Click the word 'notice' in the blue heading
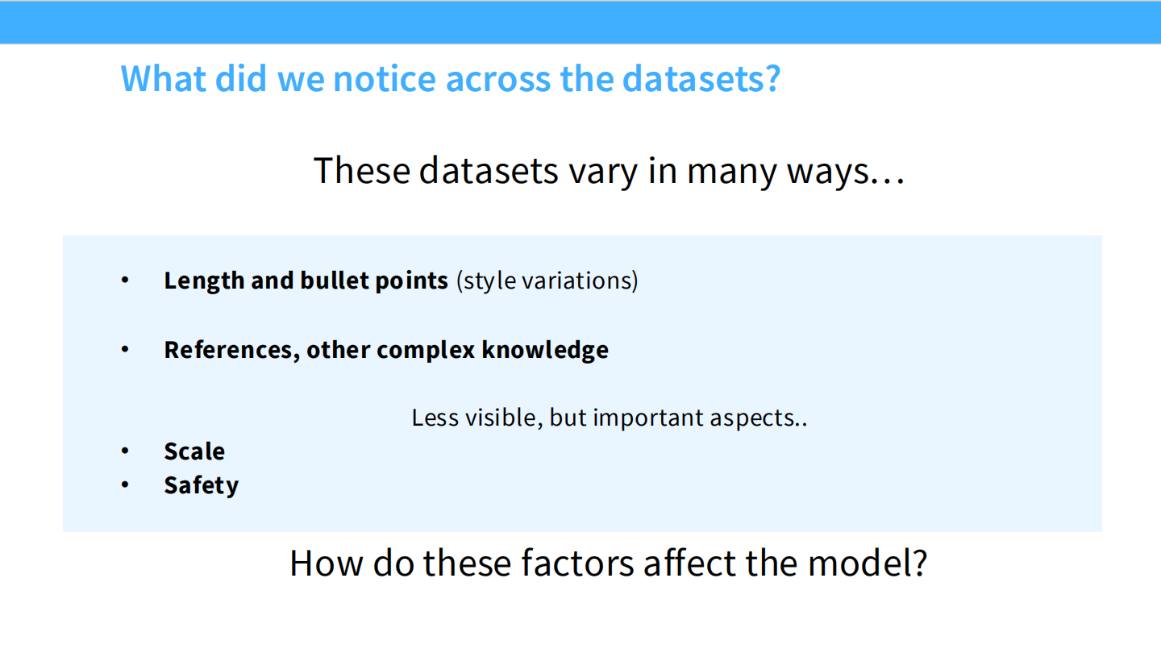pyautogui.click(x=383, y=78)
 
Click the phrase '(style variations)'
pyautogui.click(x=547, y=281)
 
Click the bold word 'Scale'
pyautogui.click(x=194, y=451)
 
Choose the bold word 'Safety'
pyautogui.click(x=201, y=485)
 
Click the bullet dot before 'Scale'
pyautogui.click(x=125, y=451)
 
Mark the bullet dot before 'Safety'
pyautogui.click(x=125, y=485)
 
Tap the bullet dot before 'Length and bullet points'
pyautogui.click(x=125, y=280)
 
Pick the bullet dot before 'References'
pyautogui.click(x=125, y=349)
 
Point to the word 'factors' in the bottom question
pyautogui.click(x=577, y=563)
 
